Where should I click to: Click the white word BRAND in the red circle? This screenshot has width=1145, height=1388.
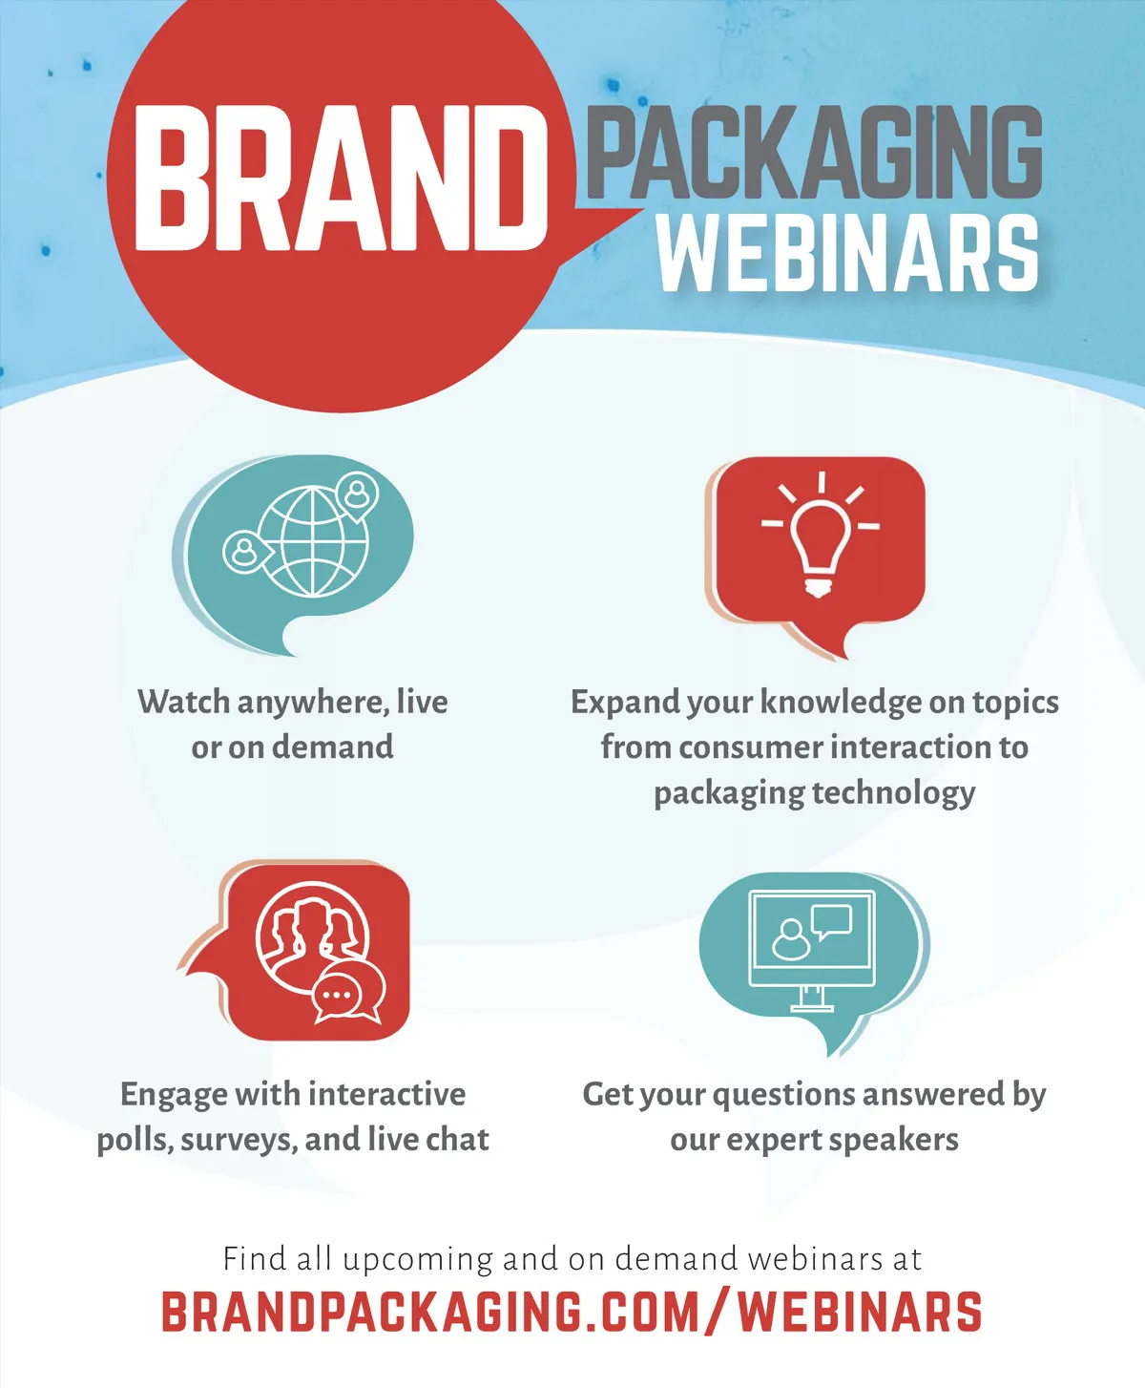[x=341, y=179]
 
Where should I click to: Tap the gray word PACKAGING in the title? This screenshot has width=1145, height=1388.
[x=814, y=152]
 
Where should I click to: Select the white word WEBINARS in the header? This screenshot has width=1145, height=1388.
[x=847, y=253]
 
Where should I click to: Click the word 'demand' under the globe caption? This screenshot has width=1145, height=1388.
[x=333, y=747]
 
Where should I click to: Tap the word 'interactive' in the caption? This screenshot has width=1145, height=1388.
[x=386, y=1094]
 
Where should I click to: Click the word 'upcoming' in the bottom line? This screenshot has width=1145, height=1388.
[x=418, y=1260]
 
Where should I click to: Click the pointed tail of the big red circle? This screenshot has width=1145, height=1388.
[x=642, y=211]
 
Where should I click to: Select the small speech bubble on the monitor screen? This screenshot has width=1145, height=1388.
[x=831, y=921]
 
